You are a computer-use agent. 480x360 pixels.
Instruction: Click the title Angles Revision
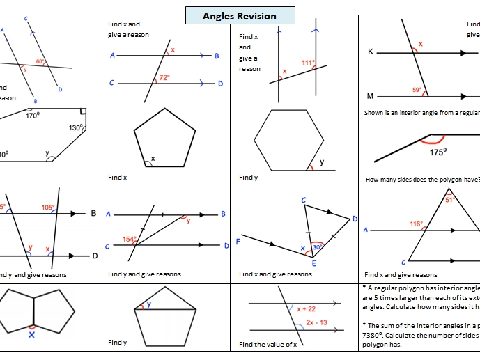240,16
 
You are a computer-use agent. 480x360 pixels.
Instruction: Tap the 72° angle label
164,77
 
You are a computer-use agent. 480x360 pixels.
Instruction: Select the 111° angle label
308,63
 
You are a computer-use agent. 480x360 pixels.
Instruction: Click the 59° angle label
417,90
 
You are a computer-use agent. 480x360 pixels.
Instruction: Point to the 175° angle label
438,152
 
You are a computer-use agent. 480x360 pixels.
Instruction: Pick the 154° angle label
130,240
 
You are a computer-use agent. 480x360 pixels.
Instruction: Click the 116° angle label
417,224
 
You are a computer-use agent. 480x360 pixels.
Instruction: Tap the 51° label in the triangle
450,200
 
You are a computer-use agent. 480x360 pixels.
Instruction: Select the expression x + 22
307,308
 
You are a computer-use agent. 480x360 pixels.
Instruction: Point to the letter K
370,52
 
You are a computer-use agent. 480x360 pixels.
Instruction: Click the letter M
370,96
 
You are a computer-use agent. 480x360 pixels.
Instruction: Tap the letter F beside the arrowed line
238,242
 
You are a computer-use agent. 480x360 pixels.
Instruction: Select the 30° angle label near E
316,247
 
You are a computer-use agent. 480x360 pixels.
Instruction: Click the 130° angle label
76,127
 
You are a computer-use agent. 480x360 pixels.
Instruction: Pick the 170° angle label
32,116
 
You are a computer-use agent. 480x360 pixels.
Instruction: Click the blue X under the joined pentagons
32,334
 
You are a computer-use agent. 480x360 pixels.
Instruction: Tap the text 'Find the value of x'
268,344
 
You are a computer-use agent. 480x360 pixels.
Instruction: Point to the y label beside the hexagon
321,162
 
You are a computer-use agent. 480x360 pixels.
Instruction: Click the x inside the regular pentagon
153,159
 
